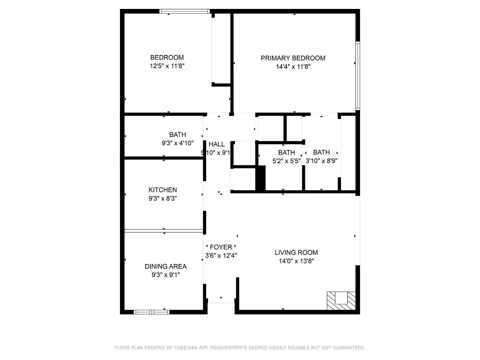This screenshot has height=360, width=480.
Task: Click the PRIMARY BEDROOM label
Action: [293, 58]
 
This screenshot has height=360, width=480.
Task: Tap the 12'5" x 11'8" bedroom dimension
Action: [167, 66]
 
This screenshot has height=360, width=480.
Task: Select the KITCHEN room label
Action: [163, 190]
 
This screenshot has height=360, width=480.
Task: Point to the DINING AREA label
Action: [165, 266]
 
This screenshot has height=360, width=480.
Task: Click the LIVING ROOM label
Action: [296, 252]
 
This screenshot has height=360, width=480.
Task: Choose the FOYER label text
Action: [221, 247]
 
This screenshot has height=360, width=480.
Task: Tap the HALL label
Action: [217, 144]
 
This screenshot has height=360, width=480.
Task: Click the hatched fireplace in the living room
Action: [341, 300]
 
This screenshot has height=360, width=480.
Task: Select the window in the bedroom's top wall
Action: [184, 12]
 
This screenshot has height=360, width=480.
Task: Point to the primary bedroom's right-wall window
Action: [358, 76]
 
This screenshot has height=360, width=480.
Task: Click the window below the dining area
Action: [152, 312]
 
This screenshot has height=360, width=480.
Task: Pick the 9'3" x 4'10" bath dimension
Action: [178, 143]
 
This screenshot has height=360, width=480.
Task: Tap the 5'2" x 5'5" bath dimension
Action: [286, 161]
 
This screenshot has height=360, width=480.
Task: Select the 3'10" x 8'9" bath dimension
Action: [321, 161]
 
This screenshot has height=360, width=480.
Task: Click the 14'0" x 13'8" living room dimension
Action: [296, 261]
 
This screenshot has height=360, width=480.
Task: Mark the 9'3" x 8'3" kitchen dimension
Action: [163, 198]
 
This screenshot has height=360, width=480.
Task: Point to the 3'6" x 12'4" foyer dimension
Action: [221, 255]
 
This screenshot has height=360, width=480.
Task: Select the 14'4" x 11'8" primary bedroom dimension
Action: [293, 67]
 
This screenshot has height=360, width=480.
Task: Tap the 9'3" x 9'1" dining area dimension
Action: [165, 275]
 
